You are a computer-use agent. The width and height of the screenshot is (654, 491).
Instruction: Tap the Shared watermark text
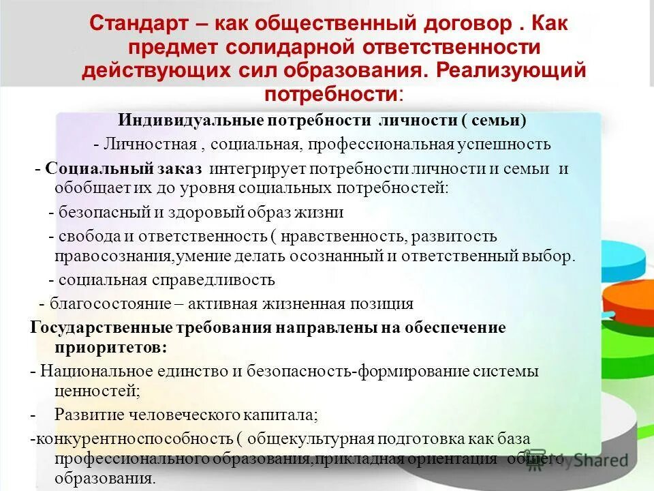point(599,460)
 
